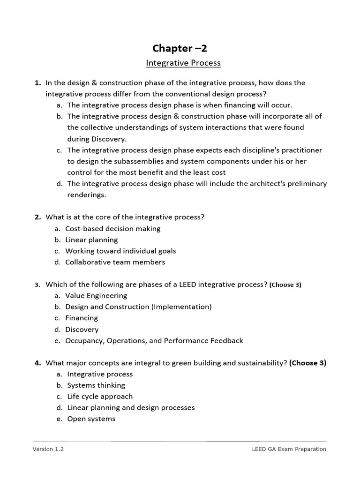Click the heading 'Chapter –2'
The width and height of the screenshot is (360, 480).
(180, 48)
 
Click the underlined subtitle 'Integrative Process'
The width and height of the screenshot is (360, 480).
(183, 63)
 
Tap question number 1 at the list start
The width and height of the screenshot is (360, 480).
(37, 83)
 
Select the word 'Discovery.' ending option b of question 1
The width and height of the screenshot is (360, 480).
(97, 139)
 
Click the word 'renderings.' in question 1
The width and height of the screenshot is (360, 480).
(87, 195)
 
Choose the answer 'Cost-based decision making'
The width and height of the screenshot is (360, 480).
(112, 229)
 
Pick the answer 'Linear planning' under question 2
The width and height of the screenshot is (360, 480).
(91, 240)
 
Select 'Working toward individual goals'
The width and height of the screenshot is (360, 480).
(120, 251)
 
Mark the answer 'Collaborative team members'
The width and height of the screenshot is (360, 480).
(115, 262)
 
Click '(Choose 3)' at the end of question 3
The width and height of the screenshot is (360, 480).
(285, 285)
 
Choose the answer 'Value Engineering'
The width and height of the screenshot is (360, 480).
(96, 296)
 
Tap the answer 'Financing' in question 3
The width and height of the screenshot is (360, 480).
(82, 318)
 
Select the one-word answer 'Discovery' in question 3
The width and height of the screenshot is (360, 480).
(82, 330)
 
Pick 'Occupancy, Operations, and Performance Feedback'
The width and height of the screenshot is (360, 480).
(154, 341)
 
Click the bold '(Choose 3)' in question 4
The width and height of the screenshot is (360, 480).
(307, 363)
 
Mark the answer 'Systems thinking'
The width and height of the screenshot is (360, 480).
(96, 385)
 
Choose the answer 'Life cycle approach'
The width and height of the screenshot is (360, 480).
(100, 397)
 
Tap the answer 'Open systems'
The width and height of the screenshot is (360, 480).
(91, 419)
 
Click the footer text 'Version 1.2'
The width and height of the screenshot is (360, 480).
(48, 449)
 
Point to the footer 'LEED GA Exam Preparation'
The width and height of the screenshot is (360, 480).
(289, 449)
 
